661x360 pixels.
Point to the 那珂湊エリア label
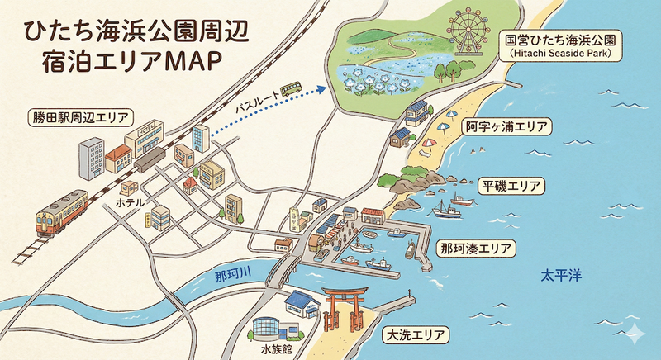click(x=477, y=248)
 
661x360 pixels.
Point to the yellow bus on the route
click(x=290, y=88)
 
